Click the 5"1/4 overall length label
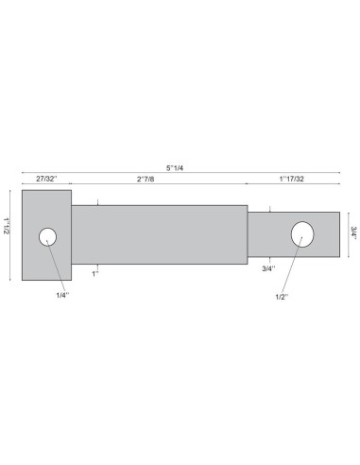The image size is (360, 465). (x=175, y=168)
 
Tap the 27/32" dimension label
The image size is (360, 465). (x=46, y=179)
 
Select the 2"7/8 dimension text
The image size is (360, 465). (x=146, y=180)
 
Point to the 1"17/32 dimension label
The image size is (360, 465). (x=292, y=179)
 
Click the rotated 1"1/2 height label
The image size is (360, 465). (x=7, y=225)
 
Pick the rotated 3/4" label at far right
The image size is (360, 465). (x=353, y=233)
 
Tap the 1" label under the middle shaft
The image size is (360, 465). (x=95, y=274)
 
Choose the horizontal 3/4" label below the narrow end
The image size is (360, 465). (x=268, y=268)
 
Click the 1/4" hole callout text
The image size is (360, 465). (x=62, y=295)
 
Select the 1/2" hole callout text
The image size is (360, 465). (x=282, y=297)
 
